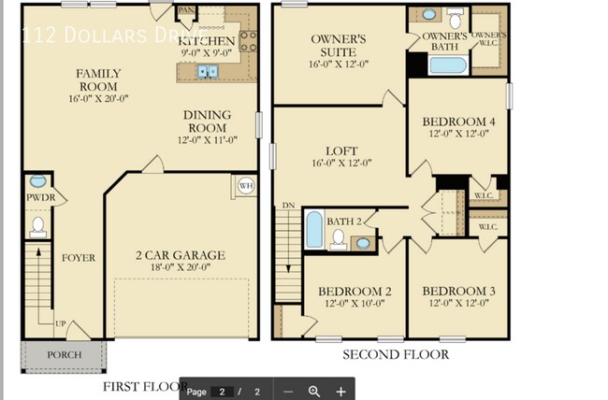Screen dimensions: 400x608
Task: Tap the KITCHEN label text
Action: pos(207,42)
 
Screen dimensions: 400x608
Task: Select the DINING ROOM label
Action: pos(208,121)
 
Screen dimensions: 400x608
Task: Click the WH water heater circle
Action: pos(246,184)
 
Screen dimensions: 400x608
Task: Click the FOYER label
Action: pos(79,258)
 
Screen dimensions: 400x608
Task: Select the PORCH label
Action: pos(64,355)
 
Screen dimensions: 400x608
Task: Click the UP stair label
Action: pos(60,323)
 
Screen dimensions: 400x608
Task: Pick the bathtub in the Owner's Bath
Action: pos(446,65)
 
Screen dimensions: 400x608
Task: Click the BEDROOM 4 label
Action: pos(457,122)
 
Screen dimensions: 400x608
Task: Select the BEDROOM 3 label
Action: pos(458,292)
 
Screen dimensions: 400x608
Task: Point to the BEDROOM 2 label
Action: pos(355,292)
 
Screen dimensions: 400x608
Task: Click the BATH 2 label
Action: pos(343,221)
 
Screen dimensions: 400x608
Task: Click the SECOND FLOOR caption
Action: pos(395,354)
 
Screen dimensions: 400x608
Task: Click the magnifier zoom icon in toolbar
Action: pos(314,392)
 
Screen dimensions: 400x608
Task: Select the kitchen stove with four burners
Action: pos(249,39)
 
